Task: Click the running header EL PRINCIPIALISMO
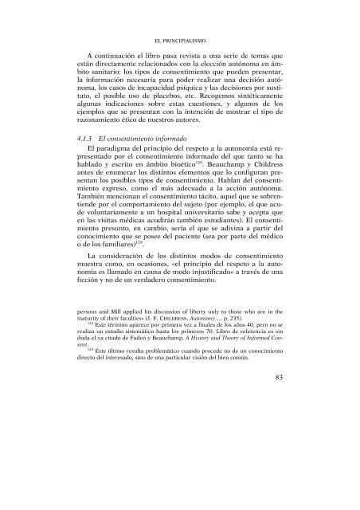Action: click(179, 37)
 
